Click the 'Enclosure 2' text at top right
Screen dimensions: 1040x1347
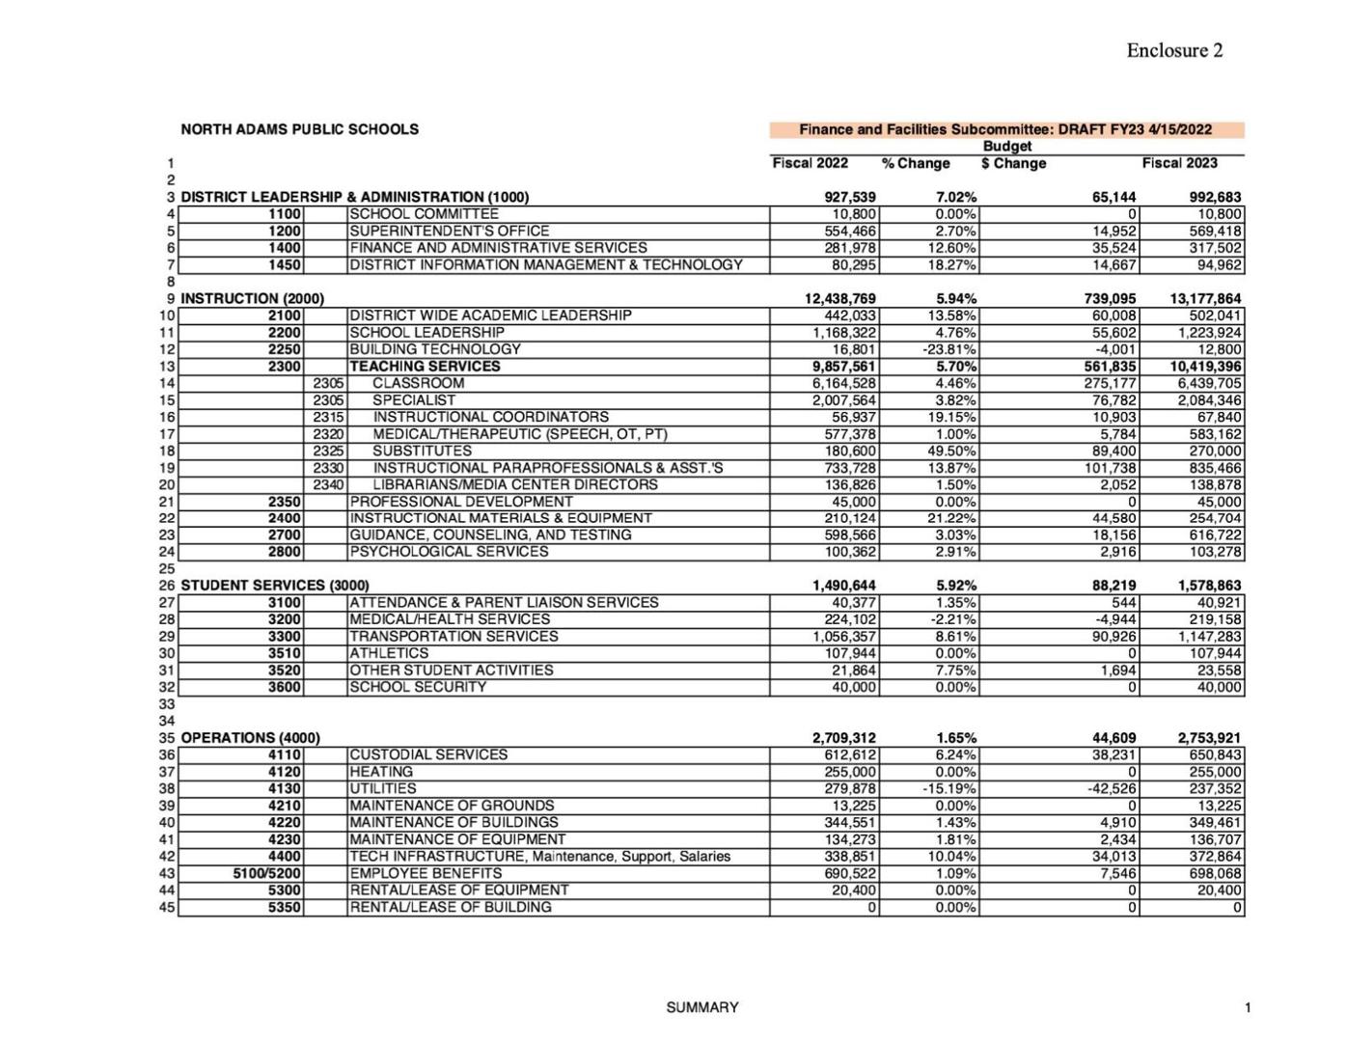[1173, 50]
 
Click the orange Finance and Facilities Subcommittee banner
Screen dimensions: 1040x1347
[1005, 129]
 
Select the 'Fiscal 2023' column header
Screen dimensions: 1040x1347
[1179, 163]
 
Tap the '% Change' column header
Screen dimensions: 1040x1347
[916, 163]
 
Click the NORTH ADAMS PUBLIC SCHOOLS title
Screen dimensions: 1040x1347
[299, 129]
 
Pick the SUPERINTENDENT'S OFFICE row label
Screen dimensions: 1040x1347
[449, 231]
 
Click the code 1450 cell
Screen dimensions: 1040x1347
[285, 264]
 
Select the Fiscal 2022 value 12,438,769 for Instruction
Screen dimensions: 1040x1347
[839, 299]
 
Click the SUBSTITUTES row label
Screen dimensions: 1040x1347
[422, 451]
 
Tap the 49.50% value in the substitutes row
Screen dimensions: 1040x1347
[955, 451]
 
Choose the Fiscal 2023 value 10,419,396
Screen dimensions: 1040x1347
[1205, 367]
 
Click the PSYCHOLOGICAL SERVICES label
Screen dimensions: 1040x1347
[449, 552]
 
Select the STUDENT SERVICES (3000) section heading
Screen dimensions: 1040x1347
[274, 586]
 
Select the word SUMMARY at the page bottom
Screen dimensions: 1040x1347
[701, 1007]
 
